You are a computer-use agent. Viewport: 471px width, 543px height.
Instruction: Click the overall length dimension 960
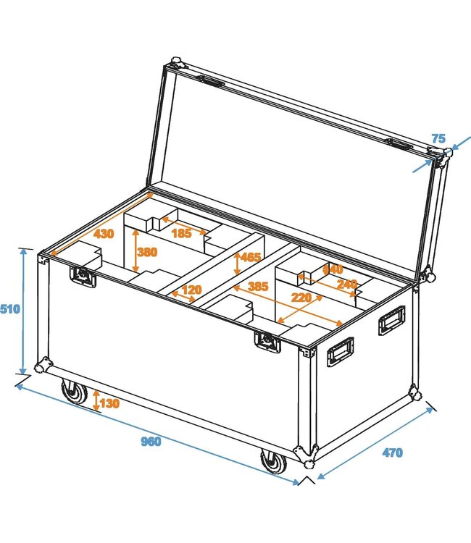(151, 442)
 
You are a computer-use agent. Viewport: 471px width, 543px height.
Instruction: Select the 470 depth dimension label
(391, 453)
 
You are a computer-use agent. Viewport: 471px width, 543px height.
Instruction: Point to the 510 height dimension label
(10, 309)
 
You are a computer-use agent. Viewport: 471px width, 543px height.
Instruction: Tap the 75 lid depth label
(438, 138)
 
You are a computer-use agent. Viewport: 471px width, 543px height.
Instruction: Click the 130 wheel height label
(110, 403)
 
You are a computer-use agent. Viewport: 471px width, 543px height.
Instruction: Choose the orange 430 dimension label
(104, 234)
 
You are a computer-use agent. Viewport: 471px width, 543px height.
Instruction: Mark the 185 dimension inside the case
(182, 232)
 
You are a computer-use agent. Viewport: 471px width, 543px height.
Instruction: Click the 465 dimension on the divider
(251, 258)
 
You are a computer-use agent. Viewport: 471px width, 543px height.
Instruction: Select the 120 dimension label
(191, 290)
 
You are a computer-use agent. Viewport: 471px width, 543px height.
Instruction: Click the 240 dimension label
(347, 284)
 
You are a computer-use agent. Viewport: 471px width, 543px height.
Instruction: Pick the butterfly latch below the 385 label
(267, 342)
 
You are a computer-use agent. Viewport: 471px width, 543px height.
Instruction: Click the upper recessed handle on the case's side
(391, 319)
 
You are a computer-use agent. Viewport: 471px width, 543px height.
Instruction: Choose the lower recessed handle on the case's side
(340, 352)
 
